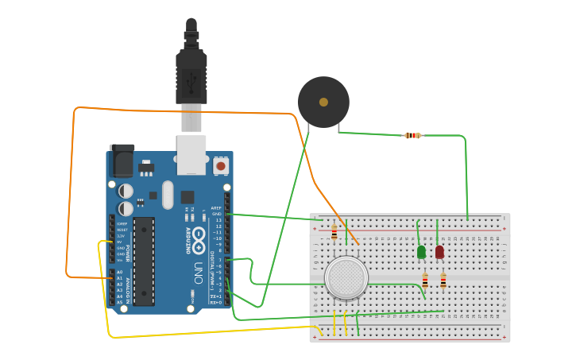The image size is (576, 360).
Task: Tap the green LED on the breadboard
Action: [421, 252]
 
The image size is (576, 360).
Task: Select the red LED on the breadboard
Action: [439, 252]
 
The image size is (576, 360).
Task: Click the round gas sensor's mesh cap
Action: [346, 277]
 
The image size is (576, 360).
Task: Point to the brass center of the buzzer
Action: [323, 103]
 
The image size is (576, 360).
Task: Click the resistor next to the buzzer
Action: [412, 135]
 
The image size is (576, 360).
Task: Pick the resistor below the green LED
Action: [425, 280]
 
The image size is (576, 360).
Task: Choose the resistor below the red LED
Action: [443, 280]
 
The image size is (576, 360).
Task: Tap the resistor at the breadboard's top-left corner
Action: [334, 232]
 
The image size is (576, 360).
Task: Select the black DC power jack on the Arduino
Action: [122, 161]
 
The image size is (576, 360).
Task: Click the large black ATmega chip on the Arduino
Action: [144, 261]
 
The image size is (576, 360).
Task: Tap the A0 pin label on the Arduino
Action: [120, 272]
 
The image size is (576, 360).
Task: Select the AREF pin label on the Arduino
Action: [217, 208]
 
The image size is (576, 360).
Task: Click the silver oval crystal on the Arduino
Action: [167, 195]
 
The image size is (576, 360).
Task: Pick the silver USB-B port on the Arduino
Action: [191, 154]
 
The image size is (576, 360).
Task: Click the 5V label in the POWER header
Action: [121, 242]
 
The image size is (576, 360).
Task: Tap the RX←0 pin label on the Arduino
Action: [216, 303]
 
